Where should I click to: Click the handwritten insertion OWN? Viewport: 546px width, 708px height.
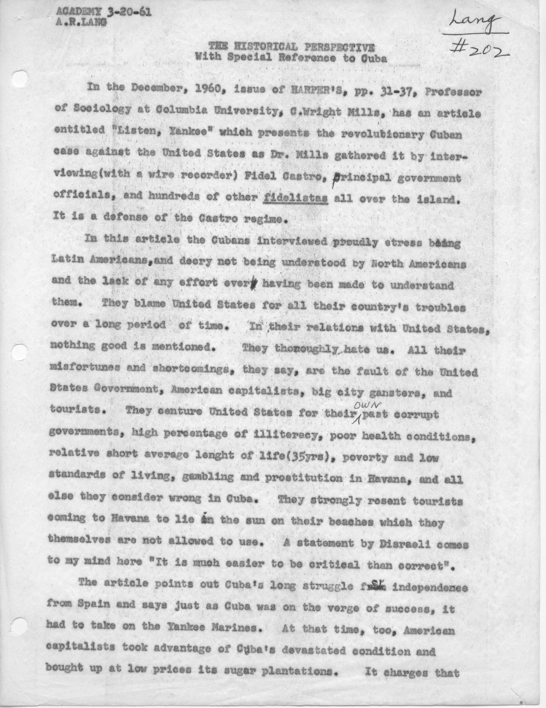coord(364,405)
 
